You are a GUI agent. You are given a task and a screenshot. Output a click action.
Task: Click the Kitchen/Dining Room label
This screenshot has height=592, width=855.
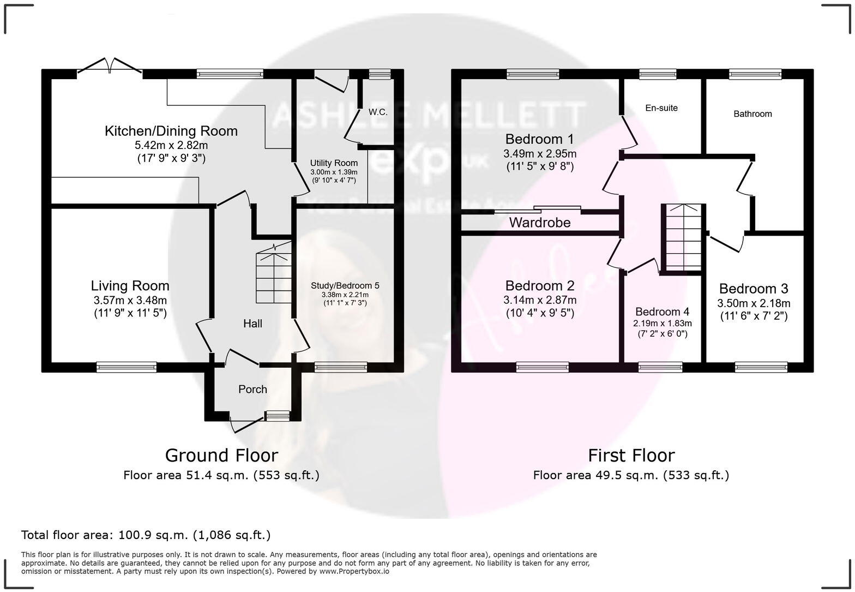171,131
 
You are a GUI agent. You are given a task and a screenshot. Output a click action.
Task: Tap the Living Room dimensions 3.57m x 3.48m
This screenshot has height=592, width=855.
130,300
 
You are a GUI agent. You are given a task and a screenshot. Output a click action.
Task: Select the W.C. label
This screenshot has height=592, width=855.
378,112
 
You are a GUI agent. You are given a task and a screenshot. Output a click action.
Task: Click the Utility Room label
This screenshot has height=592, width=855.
334,163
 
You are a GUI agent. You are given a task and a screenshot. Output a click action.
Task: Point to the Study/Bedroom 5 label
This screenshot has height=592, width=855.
345,285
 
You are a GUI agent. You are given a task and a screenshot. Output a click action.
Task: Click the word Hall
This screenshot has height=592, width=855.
252,324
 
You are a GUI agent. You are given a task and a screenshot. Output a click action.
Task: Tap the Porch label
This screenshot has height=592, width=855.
252,389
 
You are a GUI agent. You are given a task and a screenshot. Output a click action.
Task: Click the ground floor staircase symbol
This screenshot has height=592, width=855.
274,276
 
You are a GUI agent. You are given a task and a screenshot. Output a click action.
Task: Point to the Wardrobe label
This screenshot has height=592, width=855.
540,223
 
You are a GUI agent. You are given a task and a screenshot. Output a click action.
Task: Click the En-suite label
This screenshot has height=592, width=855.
661,108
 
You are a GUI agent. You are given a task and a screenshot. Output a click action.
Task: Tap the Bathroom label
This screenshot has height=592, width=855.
752,114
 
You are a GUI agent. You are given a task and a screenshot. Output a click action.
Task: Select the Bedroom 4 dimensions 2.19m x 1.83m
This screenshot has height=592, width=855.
662,323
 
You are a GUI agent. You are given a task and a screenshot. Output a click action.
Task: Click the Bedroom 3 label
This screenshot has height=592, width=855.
753,289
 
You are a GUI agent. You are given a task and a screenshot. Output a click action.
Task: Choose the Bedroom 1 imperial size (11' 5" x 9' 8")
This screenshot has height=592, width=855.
539,166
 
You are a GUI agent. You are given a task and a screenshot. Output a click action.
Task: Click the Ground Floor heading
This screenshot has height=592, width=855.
221,455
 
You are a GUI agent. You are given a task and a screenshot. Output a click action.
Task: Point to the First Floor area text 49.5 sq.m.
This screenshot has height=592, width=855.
631,475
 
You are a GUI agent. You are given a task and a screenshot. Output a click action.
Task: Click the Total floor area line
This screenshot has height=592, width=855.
146,535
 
